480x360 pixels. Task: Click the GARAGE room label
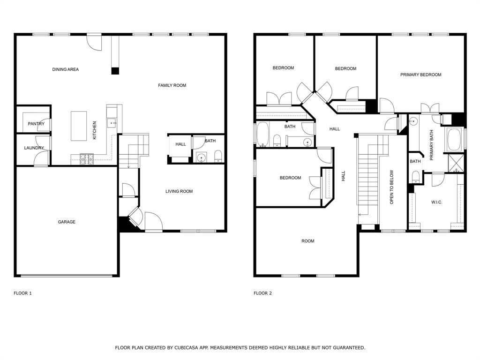(67, 222)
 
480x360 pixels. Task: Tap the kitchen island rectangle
(79, 126)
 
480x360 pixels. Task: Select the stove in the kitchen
(87, 159)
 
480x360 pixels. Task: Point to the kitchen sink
(111, 123)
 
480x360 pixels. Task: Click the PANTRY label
(36, 124)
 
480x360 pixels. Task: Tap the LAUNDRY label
(34, 148)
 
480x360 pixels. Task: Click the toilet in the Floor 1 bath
(217, 156)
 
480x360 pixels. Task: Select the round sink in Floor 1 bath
(201, 157)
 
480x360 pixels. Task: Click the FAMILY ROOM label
(172, 85)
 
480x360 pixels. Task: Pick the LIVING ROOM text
(179, 191)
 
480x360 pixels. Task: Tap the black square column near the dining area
(115, 71)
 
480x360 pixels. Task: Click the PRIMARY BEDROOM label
(420, 75)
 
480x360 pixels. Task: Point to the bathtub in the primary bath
(455, 140)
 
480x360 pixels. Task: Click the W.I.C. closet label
(436, 202)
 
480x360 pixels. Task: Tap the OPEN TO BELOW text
(391, 187)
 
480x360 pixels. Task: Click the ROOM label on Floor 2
(307, 241)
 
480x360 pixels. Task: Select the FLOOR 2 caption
(262, 293)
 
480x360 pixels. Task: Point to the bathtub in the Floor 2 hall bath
(262, 134)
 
